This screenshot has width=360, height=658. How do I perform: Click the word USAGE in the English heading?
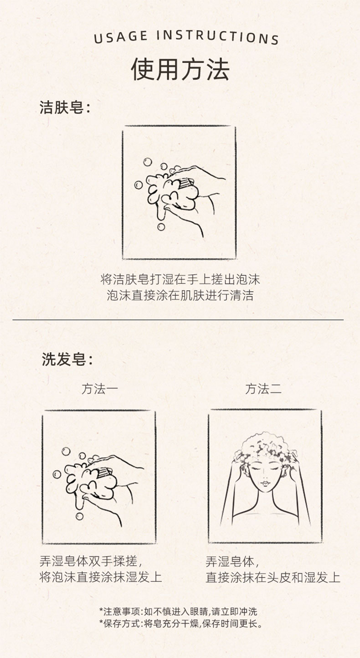[x=121, y=37]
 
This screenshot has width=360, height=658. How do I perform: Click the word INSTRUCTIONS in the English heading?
[x=217, y=37]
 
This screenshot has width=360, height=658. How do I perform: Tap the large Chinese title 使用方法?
[x=180, y=69]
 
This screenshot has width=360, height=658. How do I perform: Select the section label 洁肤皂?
[x=65, y=107]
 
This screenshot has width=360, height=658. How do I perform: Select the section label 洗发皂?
[x=67, y=359]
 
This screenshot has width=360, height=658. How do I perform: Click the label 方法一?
[x=100, y=389]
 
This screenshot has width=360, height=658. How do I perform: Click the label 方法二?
[x=263, y=389]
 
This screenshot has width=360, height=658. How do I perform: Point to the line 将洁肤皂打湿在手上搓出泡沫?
[x=180, y=279]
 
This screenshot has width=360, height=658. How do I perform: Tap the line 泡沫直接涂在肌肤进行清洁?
[x=180, y=296]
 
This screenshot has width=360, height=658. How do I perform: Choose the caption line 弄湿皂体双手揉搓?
[x=91, y=561]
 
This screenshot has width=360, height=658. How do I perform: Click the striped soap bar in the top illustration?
[x=186, y=184]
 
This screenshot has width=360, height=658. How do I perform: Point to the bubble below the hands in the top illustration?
[x=161, y=227]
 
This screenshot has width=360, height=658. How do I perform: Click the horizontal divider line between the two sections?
[x=178, y=319]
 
